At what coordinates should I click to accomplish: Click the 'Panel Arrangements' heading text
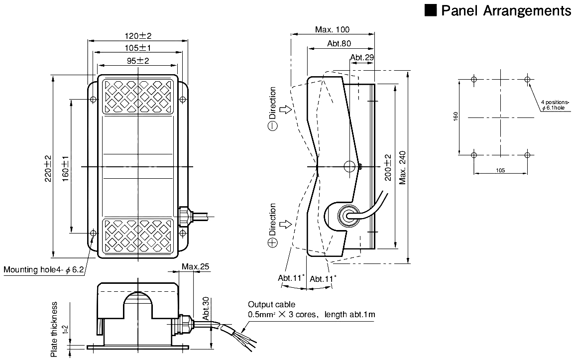click(506, 11)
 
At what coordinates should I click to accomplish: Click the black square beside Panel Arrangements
click(431, 10)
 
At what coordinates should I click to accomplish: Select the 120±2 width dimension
click(137, 35)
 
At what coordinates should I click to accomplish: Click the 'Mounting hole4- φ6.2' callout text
click(44, 270)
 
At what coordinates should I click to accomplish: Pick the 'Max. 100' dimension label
click(333, 30)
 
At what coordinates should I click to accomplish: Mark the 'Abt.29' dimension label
click(362, 58)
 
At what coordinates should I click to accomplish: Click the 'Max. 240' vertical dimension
click(403, 167)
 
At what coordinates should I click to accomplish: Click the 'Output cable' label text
click(271, 304)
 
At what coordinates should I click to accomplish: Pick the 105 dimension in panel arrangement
click(500, 170)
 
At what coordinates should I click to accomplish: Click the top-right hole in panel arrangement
click(527, 80)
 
